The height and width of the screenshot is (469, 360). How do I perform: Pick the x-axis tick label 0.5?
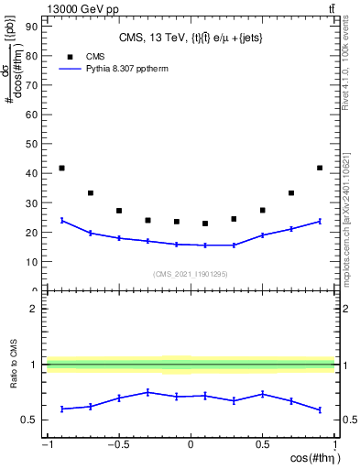[262, 445]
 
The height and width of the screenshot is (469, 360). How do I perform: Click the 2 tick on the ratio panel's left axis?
[35, 309]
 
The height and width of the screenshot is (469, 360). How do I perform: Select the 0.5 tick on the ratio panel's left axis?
[31, 420]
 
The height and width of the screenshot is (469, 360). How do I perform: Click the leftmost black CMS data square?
[61, 168]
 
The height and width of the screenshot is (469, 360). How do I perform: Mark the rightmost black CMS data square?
[320, 168]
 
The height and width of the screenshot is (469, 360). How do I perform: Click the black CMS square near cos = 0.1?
[205, 224]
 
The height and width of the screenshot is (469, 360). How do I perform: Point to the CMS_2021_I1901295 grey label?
[191, 274]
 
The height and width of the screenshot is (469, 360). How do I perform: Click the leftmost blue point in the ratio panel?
[61, 409]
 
